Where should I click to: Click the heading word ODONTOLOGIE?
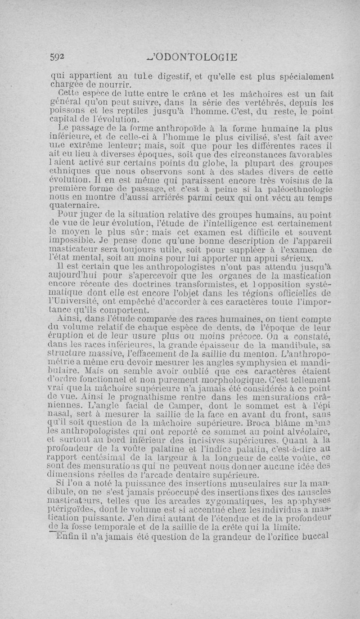point(195,57)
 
